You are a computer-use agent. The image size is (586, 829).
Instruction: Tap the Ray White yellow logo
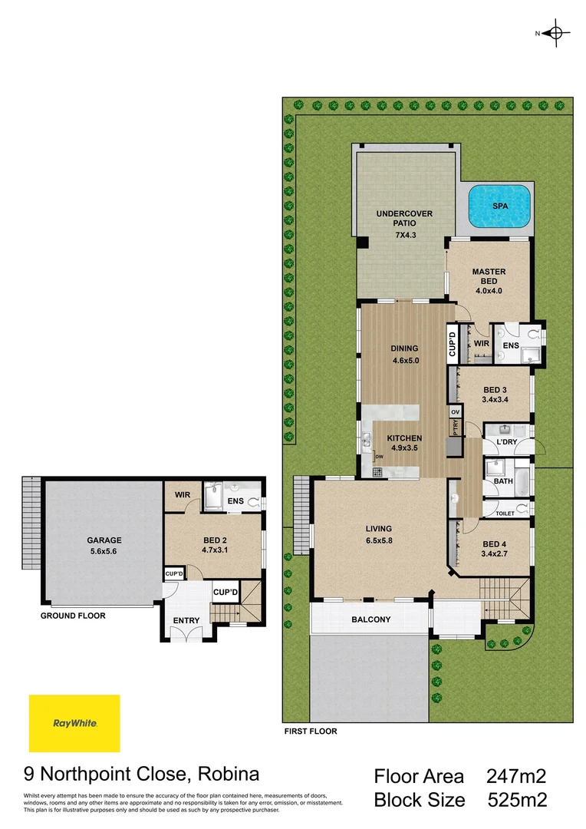(74, 723)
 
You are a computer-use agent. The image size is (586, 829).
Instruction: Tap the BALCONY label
(371, 619)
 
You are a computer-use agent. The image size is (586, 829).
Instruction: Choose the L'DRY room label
(507, 444)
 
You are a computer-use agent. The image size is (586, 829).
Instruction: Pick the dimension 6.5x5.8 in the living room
(379, 540)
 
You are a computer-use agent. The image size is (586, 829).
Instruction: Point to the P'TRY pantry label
(455, 428)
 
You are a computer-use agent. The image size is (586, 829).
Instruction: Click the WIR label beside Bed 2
(182, 495)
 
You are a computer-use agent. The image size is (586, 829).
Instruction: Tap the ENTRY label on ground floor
(186, 620)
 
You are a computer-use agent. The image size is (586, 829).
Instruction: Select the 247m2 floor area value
(516, 776)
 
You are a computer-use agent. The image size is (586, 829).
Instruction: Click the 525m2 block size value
(518, 801)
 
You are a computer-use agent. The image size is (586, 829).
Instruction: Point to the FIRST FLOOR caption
(310, 732)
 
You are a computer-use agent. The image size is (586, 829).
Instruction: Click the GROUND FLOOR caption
(73, 616)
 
